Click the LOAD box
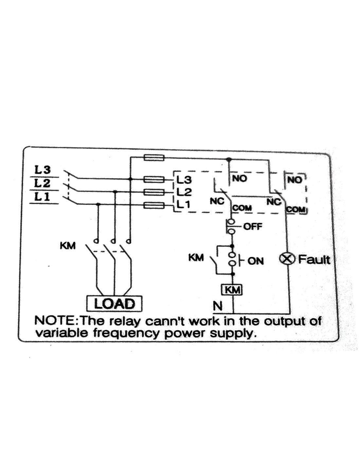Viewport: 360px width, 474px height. click(x=115, y=303)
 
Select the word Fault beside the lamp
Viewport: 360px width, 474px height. click(x=314, y=260)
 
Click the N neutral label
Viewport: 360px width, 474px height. click(x=217, y=306)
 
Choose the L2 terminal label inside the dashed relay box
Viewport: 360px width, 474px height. click(x=184, y=191)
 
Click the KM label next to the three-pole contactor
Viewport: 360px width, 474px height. click(x=68, y=245)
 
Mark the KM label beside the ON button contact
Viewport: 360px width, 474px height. click(x=196, y=258)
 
